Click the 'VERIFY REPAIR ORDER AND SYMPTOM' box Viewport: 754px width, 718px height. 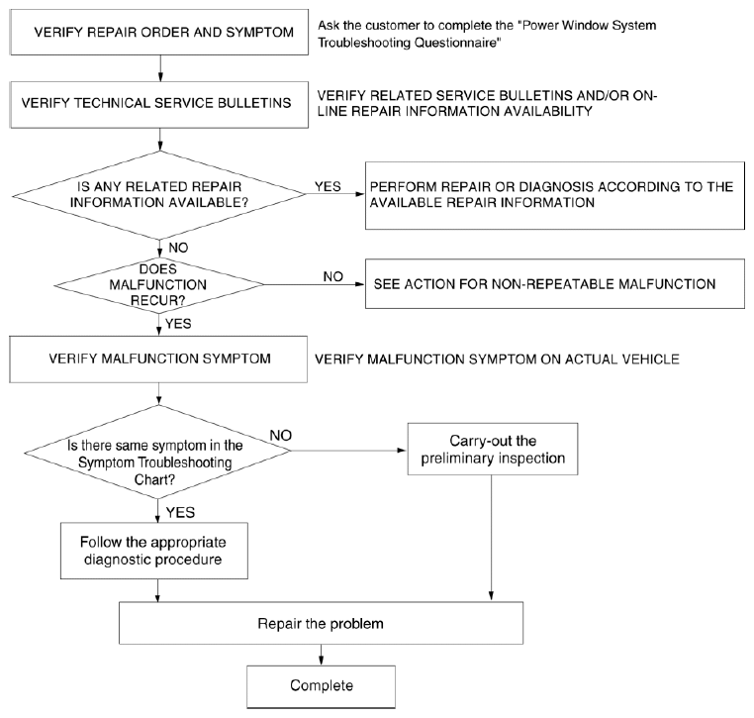(x=159, y=32)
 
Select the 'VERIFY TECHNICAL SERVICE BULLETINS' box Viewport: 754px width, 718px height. (x=159, y=104)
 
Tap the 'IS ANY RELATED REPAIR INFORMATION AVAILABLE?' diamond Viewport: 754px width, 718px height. (x=159, y=195)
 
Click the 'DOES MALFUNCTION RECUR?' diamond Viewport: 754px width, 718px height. (x=158, y=285)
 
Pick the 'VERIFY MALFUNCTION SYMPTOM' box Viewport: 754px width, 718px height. (x=158, y=359)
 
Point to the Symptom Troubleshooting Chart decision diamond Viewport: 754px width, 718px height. (x=157, y=452)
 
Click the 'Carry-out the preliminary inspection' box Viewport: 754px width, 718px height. (x=493, y=449)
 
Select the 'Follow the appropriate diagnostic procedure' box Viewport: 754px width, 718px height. (x=154, y=551)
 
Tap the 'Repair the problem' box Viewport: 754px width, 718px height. (x=322, y=623)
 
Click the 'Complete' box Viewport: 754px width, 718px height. (x=322, y=686)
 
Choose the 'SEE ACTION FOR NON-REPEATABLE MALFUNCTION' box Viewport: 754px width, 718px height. (x=555, y=284)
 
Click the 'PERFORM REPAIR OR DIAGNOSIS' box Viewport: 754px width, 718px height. (x=555, y=195)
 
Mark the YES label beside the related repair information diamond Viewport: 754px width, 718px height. (x=328, y=186)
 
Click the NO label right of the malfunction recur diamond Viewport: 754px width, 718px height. (x=332, y=276)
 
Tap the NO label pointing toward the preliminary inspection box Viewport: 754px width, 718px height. (x=281, y=436)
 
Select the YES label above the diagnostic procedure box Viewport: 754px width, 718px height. (x=180, y=513)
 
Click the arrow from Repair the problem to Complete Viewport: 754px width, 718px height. (x=322, y=655)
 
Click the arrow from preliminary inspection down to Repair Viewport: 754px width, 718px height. (x=492, y=538)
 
